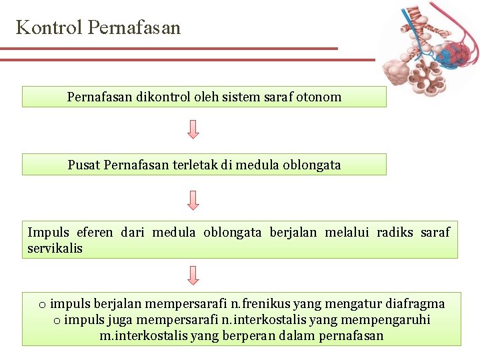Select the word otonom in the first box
(x=319, y=97)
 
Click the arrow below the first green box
(x=193, y=129)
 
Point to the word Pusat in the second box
(x=84, y=165)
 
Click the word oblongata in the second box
(x=311, y=165)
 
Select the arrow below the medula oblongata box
(x=193, y=199)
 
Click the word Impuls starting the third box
(x=48, y=232)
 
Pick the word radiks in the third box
(x=395, y=232)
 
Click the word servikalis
(x=55, y=248)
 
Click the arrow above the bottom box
(x=193, y=275)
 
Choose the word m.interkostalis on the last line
(x=143, y=335)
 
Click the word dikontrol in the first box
(x=163, y=97)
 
